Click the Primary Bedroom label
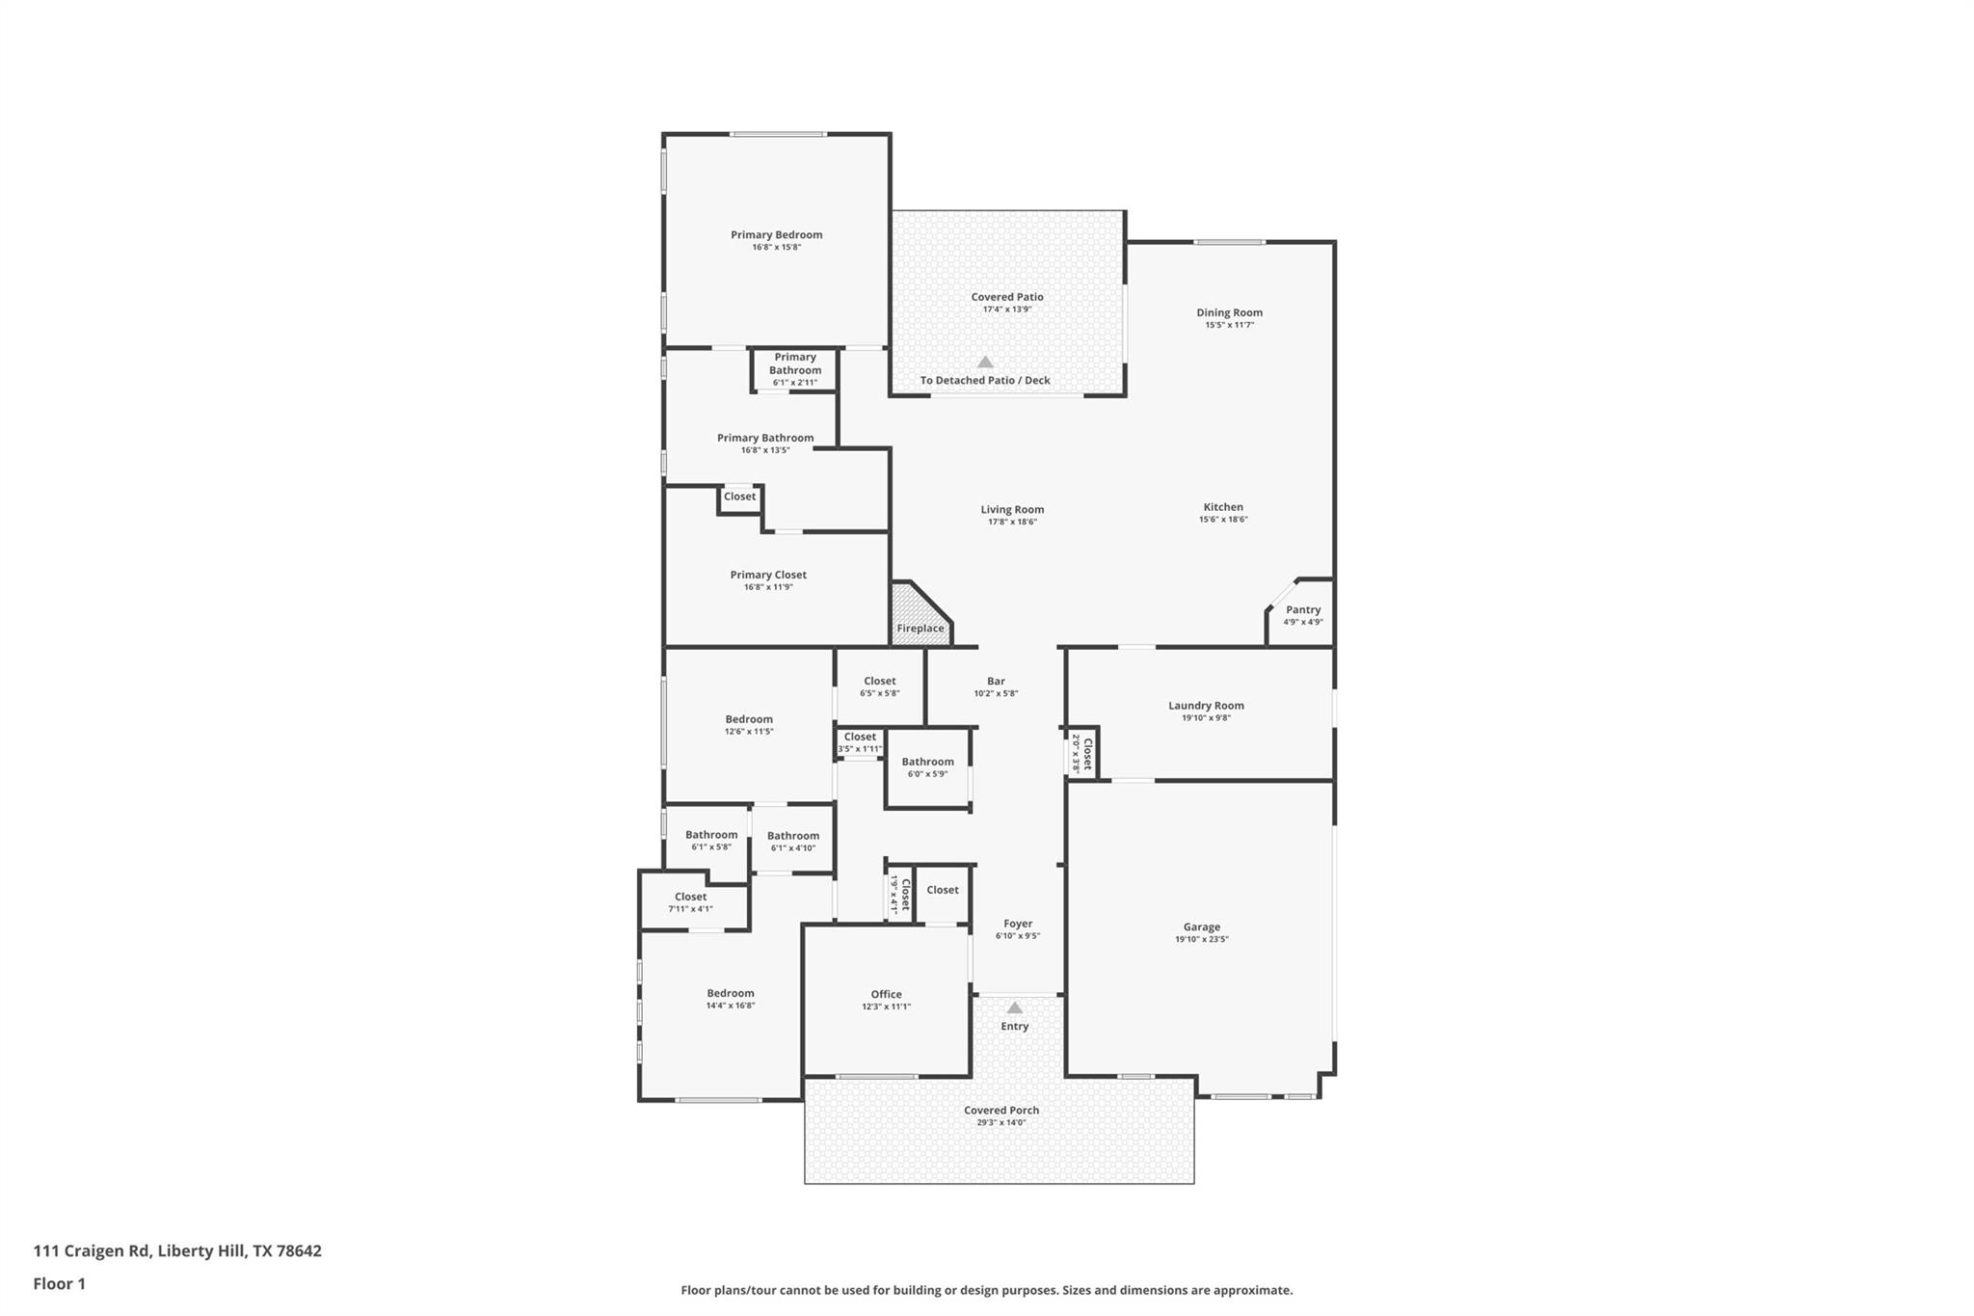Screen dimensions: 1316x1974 click(x=776, y=235)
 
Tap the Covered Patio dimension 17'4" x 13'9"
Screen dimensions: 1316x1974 click(x=1007, y=309)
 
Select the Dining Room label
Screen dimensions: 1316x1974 click(x=1229, y=312)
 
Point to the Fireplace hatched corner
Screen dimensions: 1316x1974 click(x=916, y=617)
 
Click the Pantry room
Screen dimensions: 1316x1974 click(x=1302, y=615)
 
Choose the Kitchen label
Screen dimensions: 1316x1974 click(x=1223, y=507)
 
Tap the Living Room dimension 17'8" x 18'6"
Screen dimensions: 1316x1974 click(x=1012, y=523)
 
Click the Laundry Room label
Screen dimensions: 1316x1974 click(x=1206, y=706)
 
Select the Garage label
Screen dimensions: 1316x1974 click(x=1201, y=927)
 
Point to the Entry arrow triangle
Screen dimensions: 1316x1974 click(x=1014, y=1008)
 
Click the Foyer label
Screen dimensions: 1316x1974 click(x=1018, y=924)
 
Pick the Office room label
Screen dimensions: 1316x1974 click(x=886, y=994)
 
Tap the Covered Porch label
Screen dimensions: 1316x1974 click(x=1001, y=1111)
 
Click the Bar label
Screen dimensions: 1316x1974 click(x=996, y=682)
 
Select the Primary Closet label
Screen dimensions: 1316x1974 click(x=768, y=576)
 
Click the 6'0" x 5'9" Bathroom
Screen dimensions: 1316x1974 click(x=927, y=767)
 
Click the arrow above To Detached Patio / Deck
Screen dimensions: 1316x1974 click(x=985, y=363)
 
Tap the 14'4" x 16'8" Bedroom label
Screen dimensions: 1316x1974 click(x=730, y=994)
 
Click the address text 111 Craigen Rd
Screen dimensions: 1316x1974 click(x=92, y=1250)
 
